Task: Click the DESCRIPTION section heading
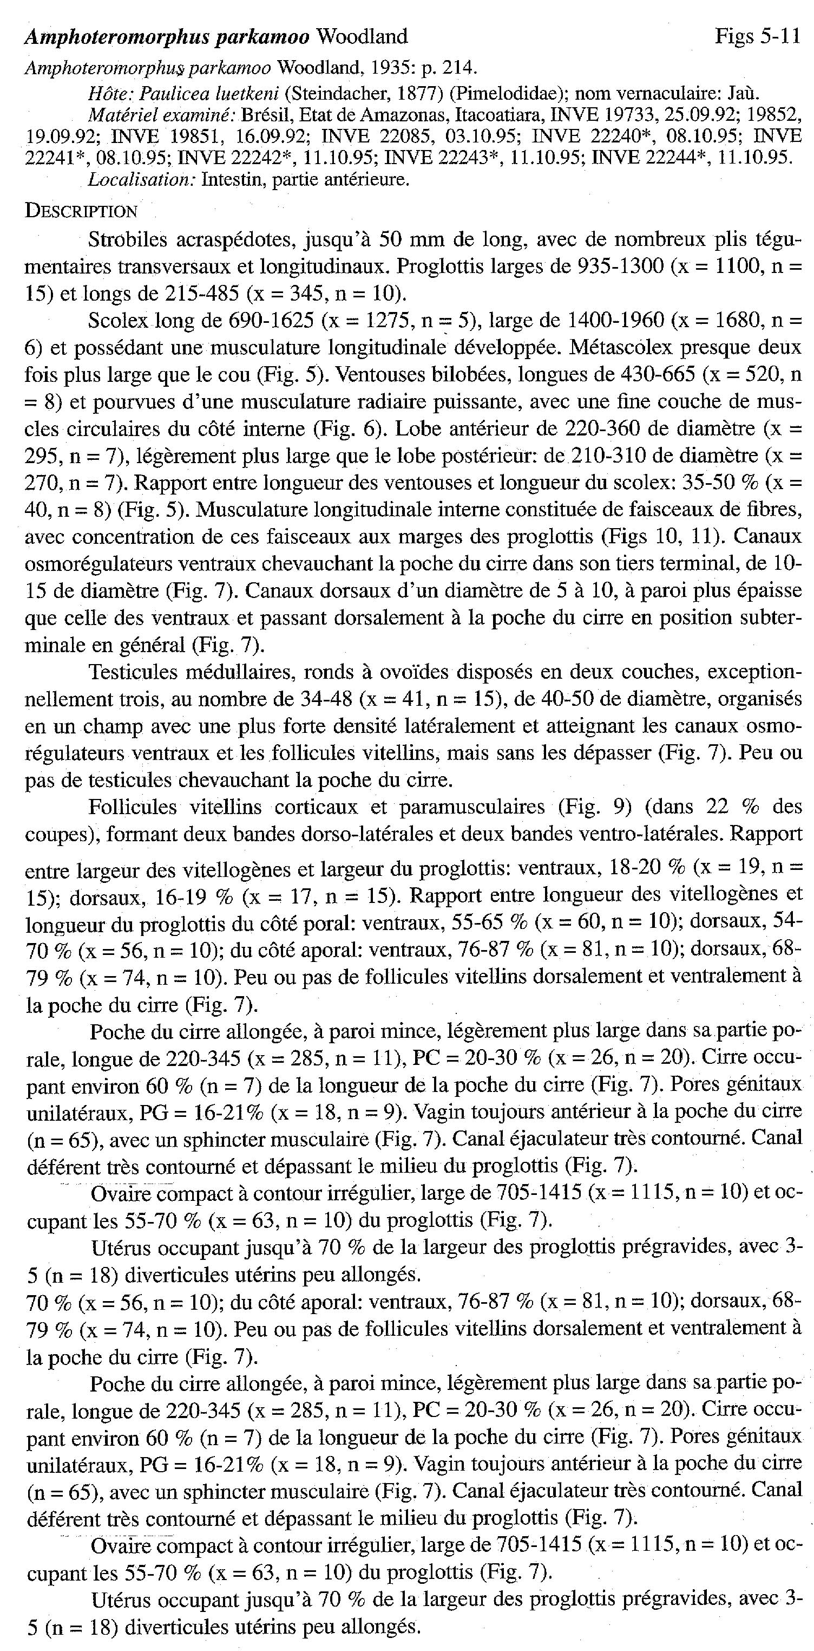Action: (x=81, y=211)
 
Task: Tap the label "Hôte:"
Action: (x=109, y=94)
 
